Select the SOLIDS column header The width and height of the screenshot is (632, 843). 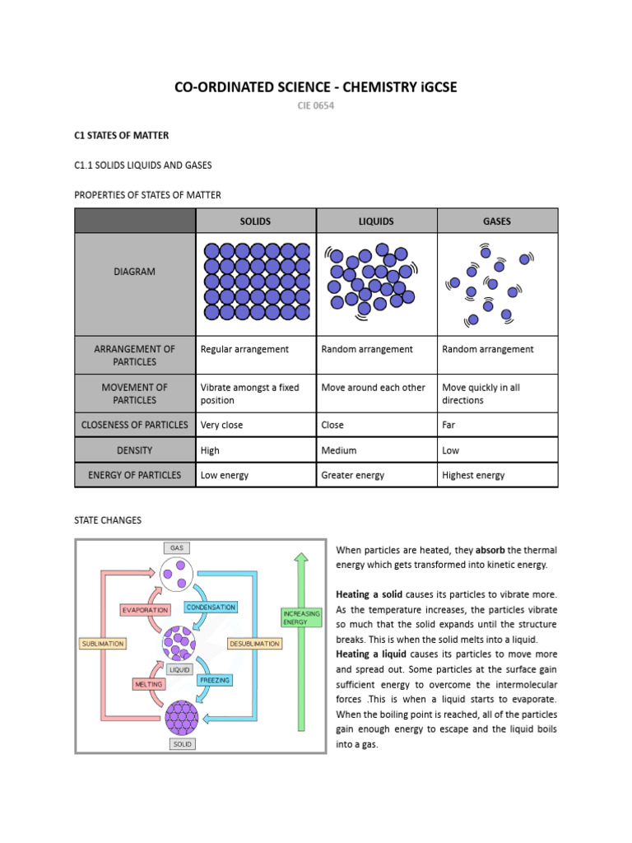[x=255, y=221]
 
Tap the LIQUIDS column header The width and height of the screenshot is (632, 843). [x=376, y=221]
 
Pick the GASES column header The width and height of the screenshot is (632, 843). [x=497, y=221]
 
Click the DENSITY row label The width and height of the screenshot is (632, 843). [x=135, y=450]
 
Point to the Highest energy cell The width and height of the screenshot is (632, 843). [x=473, y=475]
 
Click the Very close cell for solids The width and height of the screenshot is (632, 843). [x=222, y=425]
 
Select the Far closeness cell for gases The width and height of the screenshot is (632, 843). [x=448, y=425]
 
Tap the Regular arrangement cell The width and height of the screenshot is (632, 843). [x=244, y=349]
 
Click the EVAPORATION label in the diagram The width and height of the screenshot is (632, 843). [x=145, y=610]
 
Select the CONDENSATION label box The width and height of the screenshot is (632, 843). [x=211, y=607]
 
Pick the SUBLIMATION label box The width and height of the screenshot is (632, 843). [x=103, y=643]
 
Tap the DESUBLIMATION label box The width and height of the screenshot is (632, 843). [x=254, y=643]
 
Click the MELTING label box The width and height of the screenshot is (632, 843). [x=148, y=684]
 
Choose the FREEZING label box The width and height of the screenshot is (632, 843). [x=214, y=681]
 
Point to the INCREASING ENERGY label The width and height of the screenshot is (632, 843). [x=301, y=618]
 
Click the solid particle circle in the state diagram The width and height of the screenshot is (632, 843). [x=182, y=717]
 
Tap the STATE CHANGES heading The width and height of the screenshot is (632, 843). [x=108, y=520]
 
